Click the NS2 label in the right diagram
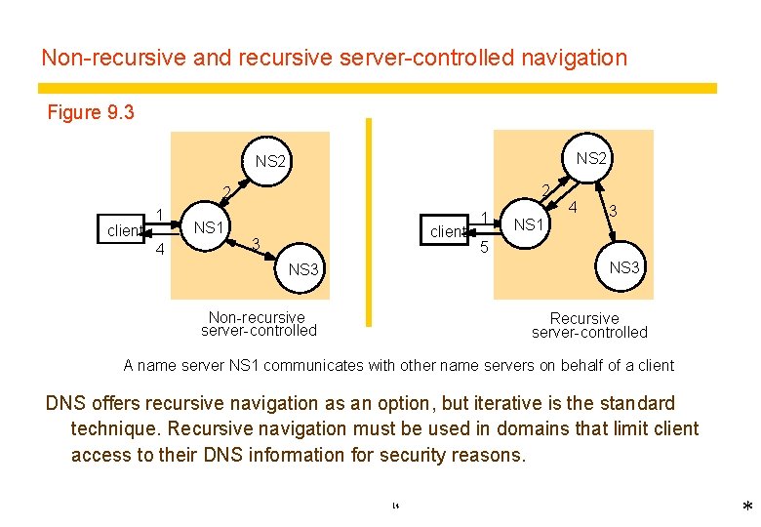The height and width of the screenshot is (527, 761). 591,157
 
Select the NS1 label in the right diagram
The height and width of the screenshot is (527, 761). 529,224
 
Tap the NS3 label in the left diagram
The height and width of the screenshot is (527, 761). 303,269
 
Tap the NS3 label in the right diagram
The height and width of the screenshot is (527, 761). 624,266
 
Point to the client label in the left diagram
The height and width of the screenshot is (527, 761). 125,231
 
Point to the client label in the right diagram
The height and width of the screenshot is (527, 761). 447,231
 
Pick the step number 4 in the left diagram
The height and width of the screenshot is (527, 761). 159,250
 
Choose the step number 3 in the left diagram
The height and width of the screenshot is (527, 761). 254,243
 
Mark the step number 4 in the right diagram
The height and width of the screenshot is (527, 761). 574,207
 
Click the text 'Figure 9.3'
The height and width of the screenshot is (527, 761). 91,112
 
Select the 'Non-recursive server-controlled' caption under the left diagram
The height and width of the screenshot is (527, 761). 259,323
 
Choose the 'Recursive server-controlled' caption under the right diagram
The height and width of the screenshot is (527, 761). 588,325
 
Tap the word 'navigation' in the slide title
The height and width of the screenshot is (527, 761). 574,58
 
